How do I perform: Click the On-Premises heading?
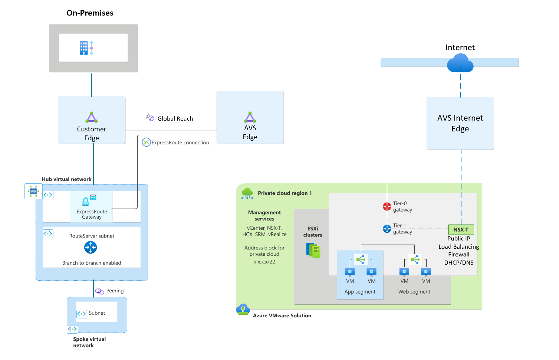pos(90,13)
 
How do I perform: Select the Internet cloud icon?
pos(460,63)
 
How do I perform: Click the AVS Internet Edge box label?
pos(460,123)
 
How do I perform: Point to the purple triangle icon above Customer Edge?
pos(91,117)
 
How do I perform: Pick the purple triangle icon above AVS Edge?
pos(250,117)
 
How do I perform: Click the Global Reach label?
pos(175,119)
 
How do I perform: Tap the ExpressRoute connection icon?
pos(146,142)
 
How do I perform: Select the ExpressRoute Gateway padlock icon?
pos(86,202)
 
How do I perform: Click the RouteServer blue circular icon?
pos(91,247)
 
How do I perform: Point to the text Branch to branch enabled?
pos(92,263)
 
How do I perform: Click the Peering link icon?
pos(99,291)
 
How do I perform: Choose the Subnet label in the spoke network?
pos(97,313)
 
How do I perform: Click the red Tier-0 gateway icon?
pos(387,206)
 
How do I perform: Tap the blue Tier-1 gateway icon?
pos(387,229)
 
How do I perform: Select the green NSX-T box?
pos(461,230)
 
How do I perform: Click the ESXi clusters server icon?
pos(313,250)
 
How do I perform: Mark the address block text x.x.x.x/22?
pos(264,262)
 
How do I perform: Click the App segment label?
pos(360,292)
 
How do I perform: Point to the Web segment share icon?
pos(415,259)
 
